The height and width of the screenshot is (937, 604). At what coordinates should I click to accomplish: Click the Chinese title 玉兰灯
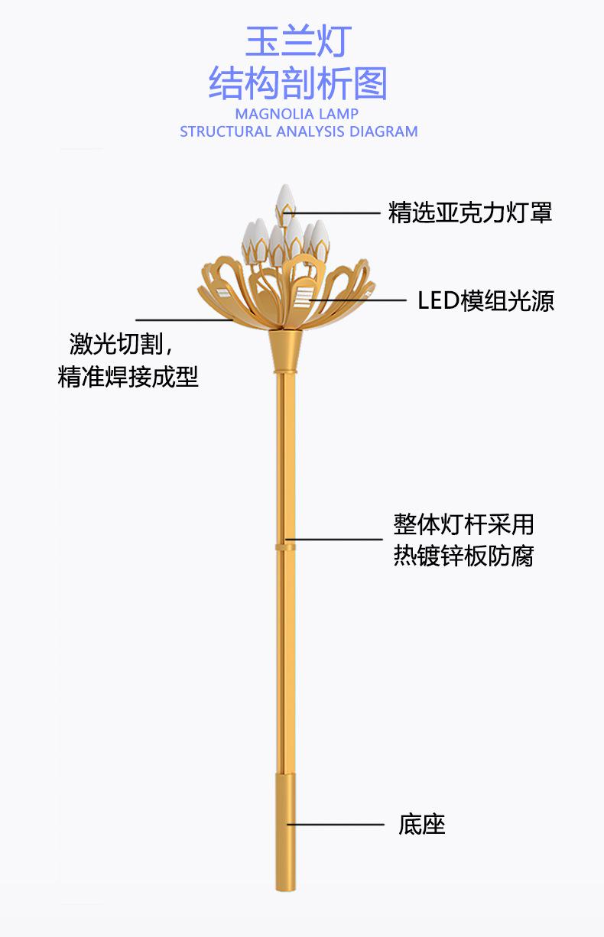pos(299,42)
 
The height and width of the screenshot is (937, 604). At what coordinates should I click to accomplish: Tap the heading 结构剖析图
pos(299,84)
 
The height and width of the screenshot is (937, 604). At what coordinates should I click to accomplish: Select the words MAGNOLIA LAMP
pos(297,114)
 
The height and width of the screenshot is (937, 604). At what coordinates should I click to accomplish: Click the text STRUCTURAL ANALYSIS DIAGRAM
pos(299,131)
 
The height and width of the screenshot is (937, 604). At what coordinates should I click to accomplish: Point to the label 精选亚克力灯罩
pos(470,212)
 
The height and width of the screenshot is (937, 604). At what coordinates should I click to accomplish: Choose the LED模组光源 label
pos(485,301)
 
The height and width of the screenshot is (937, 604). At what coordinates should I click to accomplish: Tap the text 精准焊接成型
pos(128,376)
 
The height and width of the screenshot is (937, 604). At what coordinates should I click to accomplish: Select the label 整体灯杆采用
pos(463,524)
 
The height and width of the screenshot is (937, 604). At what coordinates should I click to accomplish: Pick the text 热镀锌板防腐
pos(463,556)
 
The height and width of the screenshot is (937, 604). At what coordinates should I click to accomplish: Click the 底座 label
pos(421,825)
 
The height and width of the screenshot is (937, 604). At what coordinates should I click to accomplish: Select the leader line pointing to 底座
pos(336,825)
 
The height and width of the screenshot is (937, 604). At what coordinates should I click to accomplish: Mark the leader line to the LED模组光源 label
pos(359,301)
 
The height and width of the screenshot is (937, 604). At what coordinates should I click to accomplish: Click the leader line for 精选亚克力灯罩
pos(336,212)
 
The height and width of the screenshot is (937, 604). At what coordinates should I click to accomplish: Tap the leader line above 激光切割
pos(183,319)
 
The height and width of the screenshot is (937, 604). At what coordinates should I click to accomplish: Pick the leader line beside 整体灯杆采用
pos(336,540)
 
